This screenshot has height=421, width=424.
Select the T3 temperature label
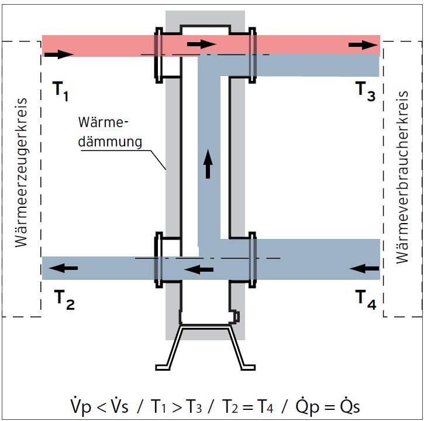point(366,93)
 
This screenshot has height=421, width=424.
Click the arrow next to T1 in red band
point(58,54)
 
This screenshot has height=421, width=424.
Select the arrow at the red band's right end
point(361,45)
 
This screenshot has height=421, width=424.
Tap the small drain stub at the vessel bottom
point(236,317)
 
